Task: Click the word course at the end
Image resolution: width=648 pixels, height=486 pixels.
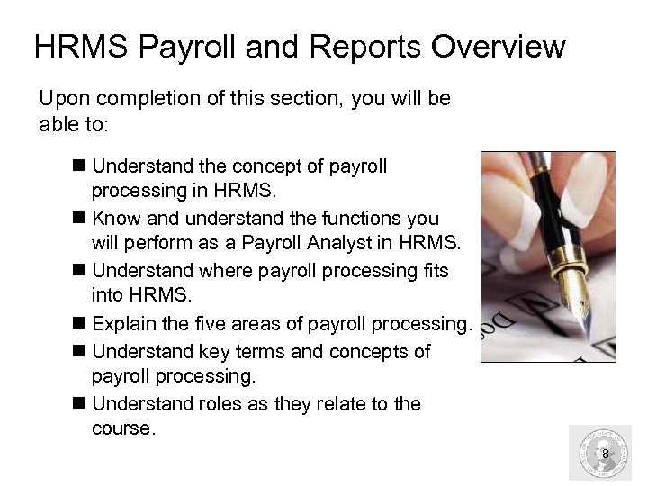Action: coord(123,429)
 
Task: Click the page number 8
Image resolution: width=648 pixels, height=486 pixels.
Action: coord(606,454)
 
